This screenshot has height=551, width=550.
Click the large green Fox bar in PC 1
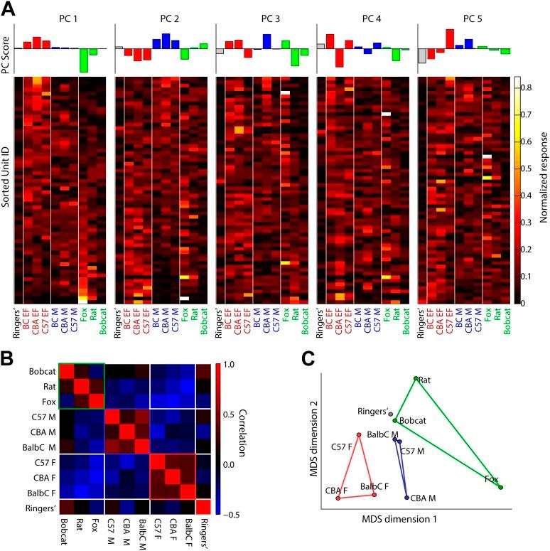click(84, 60)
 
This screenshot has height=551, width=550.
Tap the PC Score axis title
click(7, 48)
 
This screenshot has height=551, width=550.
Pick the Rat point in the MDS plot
click(415, 378)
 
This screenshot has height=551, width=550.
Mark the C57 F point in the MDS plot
click(358, 434)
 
